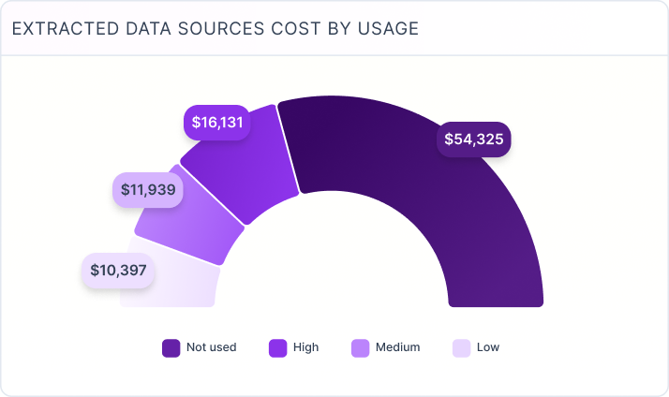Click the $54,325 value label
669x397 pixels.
(x=473, y=140)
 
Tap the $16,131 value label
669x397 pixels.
(x=217, y=123)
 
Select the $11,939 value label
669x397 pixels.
(x=148, y=190)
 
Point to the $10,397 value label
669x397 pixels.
(x=118, y=271)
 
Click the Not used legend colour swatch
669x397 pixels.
(x=171, y=348)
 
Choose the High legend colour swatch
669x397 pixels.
(x=277, y=348)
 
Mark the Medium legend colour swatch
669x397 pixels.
(x=360, y=348)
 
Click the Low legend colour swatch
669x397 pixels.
(x=462, y=348)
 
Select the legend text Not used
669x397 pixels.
(x=211, y=347)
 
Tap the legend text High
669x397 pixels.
(x=305, y=348)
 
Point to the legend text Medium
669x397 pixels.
(x=397, y=347)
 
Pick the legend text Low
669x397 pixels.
(x=488, y=347)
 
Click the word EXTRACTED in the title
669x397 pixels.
(x=66, y=29)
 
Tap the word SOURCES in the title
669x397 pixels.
(x=221, y=29)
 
